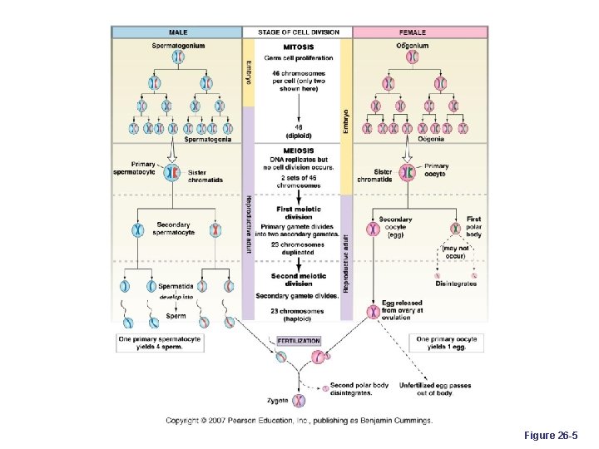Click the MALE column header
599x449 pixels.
(177, 32)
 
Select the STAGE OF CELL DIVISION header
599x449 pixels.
(297, 32)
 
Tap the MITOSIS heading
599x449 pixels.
(298, 47)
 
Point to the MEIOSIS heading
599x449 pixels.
(298, 150)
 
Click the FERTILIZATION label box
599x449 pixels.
(298, 341)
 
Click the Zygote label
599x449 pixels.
(279, 400)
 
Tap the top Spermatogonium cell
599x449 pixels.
(178, 57)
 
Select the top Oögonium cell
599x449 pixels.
(412, 57)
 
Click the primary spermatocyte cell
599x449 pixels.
(171, 173)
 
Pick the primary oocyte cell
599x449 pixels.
(407, 173)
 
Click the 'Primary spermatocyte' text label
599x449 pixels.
(133, 168)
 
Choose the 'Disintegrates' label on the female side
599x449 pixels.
(457, 284)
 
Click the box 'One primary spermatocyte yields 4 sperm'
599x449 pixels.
(159, 343)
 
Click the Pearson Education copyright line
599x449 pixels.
(298, 421)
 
